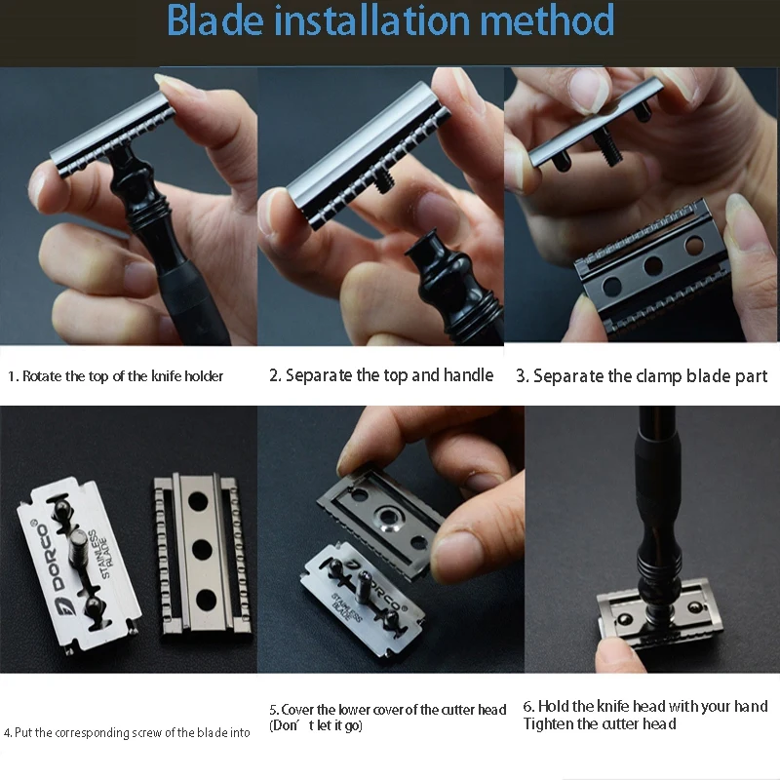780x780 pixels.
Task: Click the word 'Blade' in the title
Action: [214, 19]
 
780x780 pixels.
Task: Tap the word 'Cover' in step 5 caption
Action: [297, 710]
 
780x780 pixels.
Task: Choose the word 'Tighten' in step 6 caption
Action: [547, 723]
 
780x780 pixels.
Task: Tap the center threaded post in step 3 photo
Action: [606, 144]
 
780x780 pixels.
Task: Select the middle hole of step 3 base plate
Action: [653, 266]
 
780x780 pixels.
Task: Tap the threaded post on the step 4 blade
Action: [79, 549]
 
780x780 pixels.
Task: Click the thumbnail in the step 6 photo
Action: [613, 649]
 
